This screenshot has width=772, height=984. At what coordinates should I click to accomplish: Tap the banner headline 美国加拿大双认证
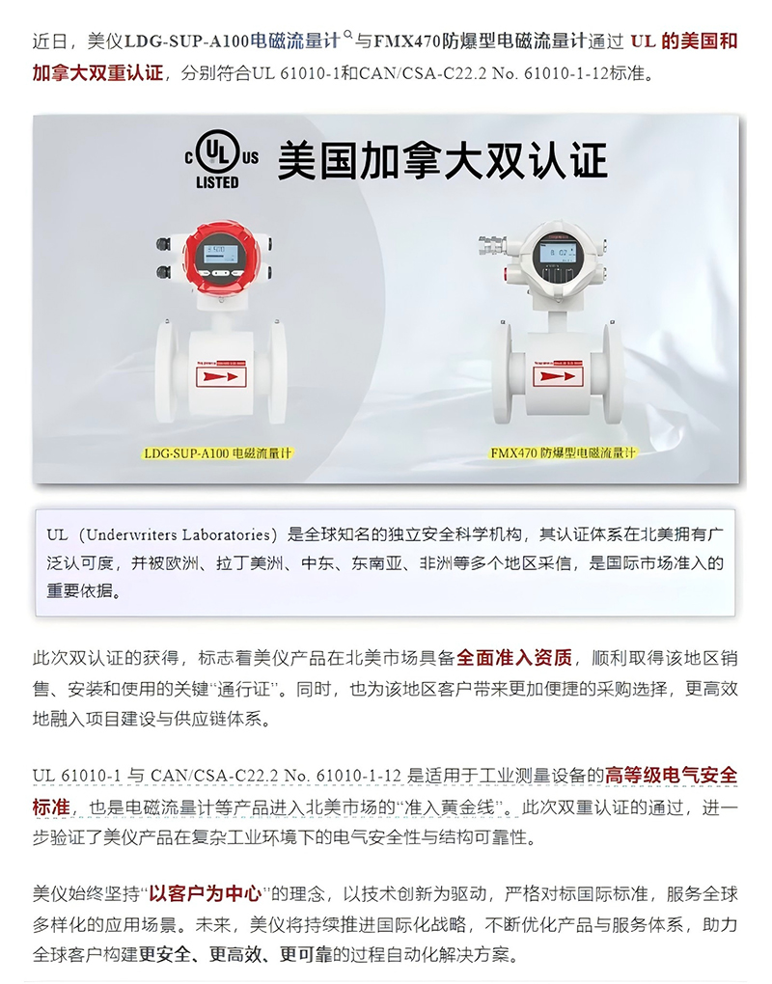(x=443, y=161)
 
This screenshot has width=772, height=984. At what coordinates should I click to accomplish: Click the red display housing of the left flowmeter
(x=217, y=258)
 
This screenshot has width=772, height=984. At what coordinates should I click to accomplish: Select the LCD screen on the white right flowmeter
(x=558, y=253)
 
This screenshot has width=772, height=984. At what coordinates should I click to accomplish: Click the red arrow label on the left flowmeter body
(x=221, y=376)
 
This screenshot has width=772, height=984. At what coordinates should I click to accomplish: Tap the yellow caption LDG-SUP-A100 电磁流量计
(x=218, y=453)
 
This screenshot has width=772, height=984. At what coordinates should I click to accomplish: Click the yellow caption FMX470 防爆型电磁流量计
(x=563, y=452)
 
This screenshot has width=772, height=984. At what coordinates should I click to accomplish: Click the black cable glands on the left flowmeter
(x=163, y=258)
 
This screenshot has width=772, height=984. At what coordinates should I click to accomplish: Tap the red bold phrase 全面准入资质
(x=514, y=658)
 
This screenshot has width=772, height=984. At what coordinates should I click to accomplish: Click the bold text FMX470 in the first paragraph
(x=408, y=42)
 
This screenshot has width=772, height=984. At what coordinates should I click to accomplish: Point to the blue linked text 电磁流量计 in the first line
(x=295, y=41)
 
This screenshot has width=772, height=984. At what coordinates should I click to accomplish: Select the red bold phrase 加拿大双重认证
(x=97, y=72)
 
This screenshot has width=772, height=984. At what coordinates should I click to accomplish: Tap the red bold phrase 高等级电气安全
(x=671, y=776)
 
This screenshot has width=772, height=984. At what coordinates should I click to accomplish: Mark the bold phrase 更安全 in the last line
(x=164, y=954)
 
